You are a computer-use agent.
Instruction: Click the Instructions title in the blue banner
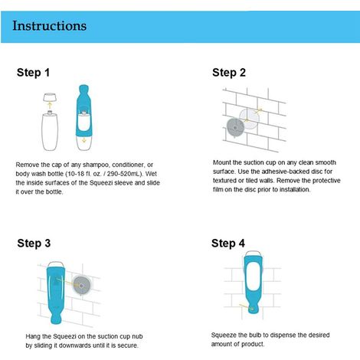[x=49, y=26]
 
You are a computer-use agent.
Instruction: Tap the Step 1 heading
[x=33, y=73]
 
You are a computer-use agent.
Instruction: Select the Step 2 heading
[x=229, y=73]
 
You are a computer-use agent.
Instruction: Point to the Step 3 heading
[x=34, y=243]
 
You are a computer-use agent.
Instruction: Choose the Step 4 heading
[x=228, y=243]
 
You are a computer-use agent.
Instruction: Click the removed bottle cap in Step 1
[x=50, y=97]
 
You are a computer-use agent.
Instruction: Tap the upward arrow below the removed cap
[x=50, y=105]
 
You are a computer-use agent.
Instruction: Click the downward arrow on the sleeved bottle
[x=84, y=140]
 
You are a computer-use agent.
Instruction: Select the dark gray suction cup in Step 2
[x=235, y=127]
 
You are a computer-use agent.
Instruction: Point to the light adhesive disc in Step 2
[x=250, y=119]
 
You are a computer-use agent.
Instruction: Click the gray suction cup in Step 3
[x=82, y=286]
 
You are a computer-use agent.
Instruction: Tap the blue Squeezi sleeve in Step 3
[x=56, y=293]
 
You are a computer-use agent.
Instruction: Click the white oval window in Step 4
[x=254, y=277]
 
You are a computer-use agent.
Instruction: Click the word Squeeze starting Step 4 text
[x=224, y=335]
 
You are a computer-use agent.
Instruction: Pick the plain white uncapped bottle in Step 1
[x=50, y=131]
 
